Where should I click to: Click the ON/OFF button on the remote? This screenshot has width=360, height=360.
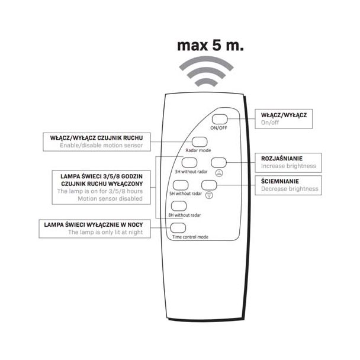220,120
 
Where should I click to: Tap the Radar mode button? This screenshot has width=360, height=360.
200,142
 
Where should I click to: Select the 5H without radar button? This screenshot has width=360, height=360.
181,185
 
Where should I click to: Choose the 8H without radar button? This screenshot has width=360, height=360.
179,206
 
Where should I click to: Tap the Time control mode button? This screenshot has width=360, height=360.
178,228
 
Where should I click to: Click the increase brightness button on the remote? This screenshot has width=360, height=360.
218,163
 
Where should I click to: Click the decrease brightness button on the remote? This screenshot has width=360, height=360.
209,185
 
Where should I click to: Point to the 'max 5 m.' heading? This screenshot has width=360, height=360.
210,45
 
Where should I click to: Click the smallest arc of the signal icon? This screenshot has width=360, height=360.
206,82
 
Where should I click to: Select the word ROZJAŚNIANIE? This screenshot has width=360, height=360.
282,159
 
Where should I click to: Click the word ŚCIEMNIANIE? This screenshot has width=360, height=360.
280,181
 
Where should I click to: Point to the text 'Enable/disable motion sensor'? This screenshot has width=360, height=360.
101,145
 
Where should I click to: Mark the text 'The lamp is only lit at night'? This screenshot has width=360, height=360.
105,232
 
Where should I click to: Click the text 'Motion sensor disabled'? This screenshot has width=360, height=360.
110,198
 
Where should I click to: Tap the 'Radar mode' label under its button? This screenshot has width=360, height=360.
198,150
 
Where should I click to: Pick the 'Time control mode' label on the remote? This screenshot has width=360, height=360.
190,237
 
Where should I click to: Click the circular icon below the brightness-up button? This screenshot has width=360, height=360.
219,173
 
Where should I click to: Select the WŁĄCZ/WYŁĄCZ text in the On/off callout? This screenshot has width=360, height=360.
284,115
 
